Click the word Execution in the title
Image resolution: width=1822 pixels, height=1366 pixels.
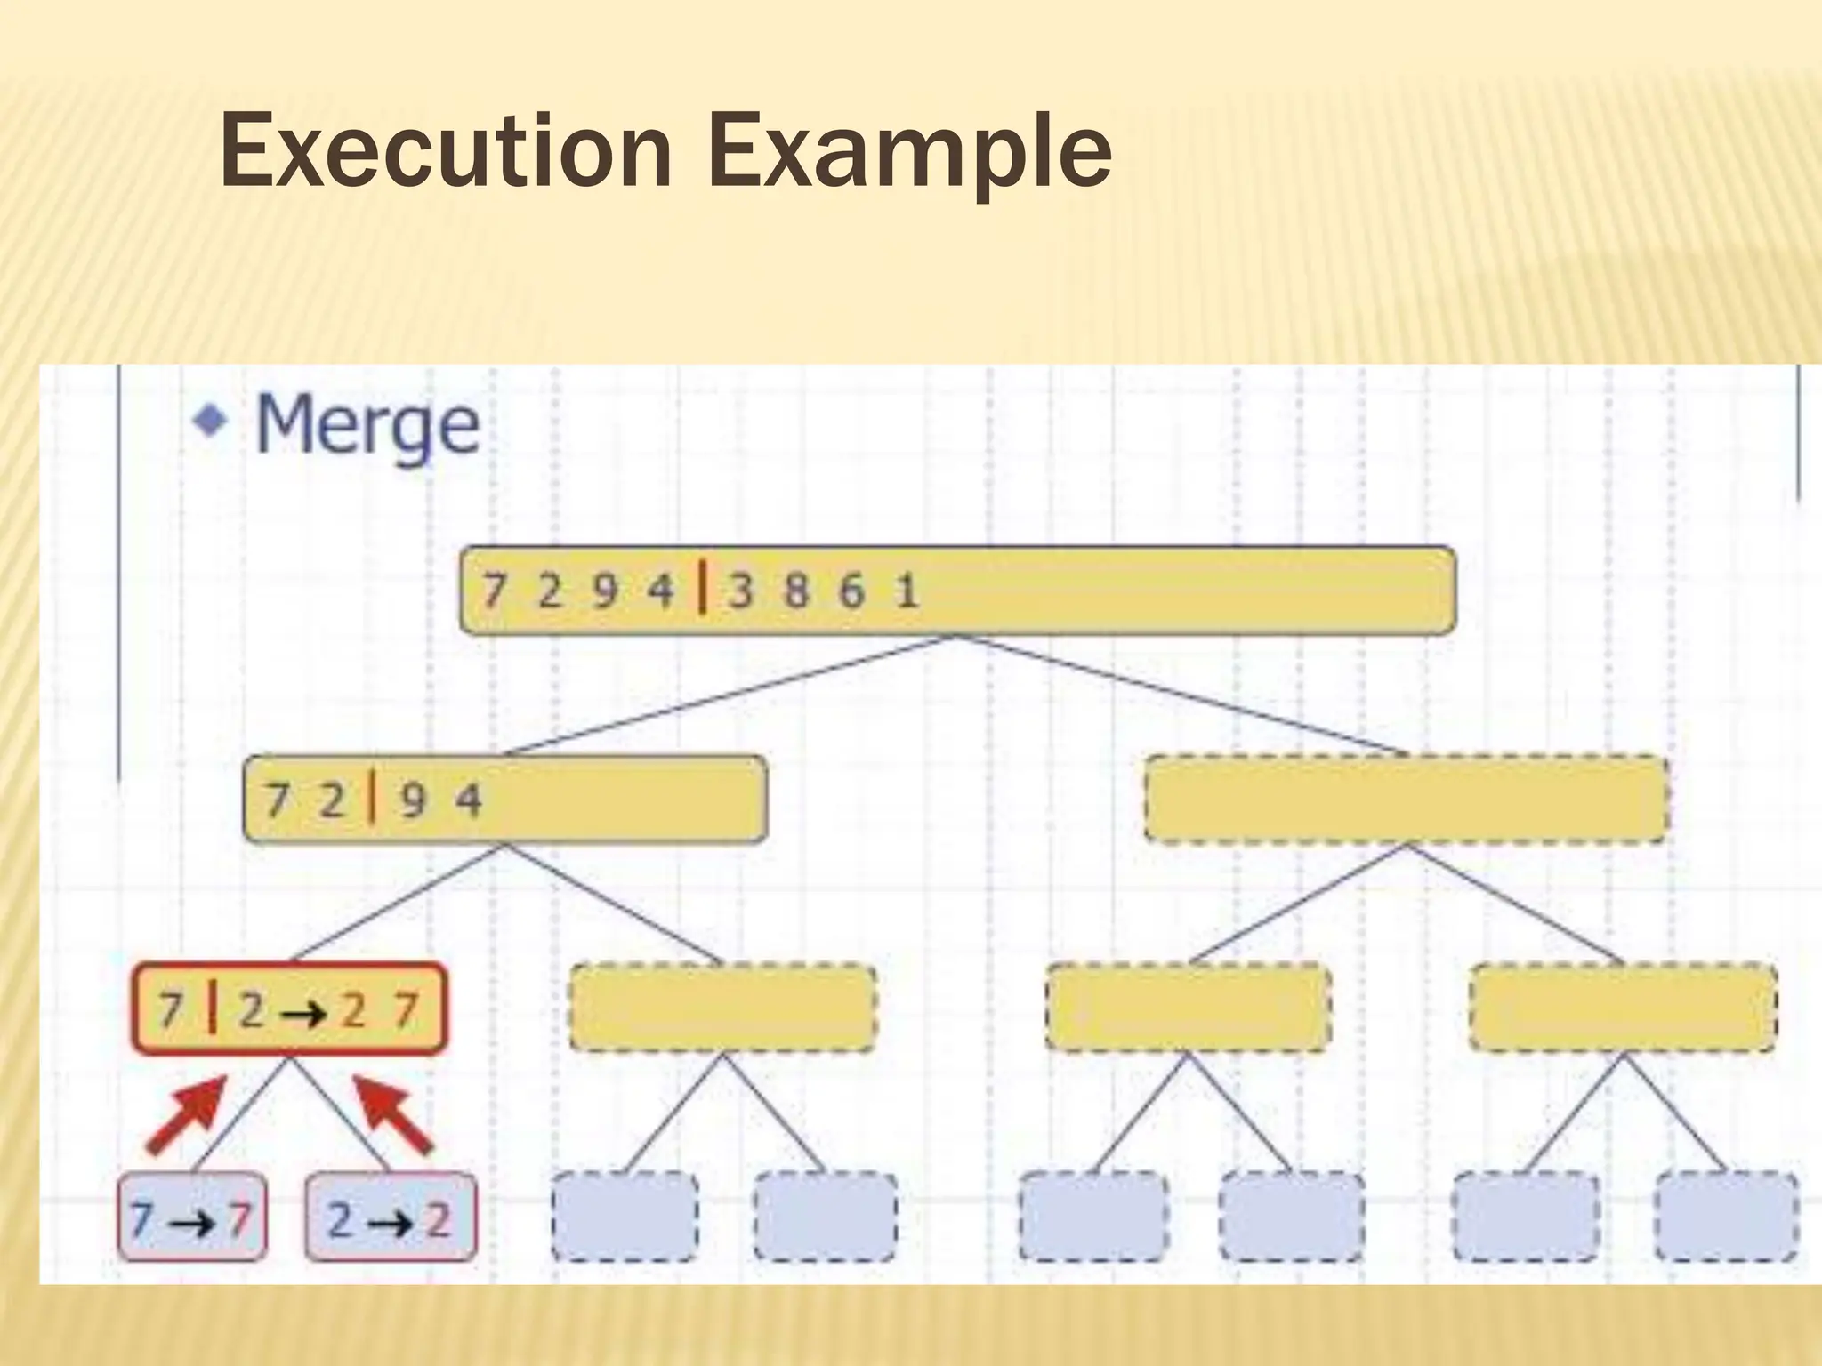coord(445,151)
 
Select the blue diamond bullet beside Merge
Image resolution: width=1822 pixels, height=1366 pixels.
coord(210,418)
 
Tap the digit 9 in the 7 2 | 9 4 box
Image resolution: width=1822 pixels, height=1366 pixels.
coord(412,800)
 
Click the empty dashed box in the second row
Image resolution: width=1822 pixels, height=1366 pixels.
coord(1406,799)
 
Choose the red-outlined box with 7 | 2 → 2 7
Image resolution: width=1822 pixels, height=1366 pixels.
coord(289,1008)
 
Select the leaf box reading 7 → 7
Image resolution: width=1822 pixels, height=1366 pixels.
coord(192,1217)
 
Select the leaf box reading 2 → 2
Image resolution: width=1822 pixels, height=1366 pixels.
coord(390,1217)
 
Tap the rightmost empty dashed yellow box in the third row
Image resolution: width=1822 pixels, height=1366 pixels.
coord(1623,1007)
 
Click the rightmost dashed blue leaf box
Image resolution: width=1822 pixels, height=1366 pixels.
coord(1726,1217)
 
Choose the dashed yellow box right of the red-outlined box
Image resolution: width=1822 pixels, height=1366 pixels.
coord(722,1007)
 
